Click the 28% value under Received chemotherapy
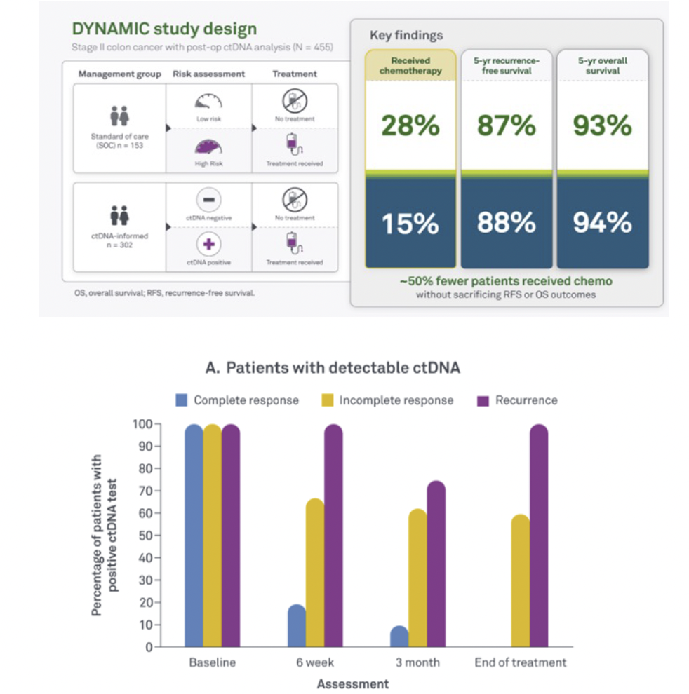click(410, 125)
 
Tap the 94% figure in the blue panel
click(602, 223)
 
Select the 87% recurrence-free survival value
click(506, 125)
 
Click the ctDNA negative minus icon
click(208, 200)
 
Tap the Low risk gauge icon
click(208, 102)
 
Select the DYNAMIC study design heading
click(164, 29)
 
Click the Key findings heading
click(406, 35)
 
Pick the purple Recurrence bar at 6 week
click(333, 536)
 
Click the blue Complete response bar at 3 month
click(399, 637)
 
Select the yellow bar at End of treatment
click(521, 581)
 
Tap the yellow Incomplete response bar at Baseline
click(213, 536)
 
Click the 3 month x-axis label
click(417, 662)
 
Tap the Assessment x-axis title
click(353, 683)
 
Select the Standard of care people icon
click(119, 116)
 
